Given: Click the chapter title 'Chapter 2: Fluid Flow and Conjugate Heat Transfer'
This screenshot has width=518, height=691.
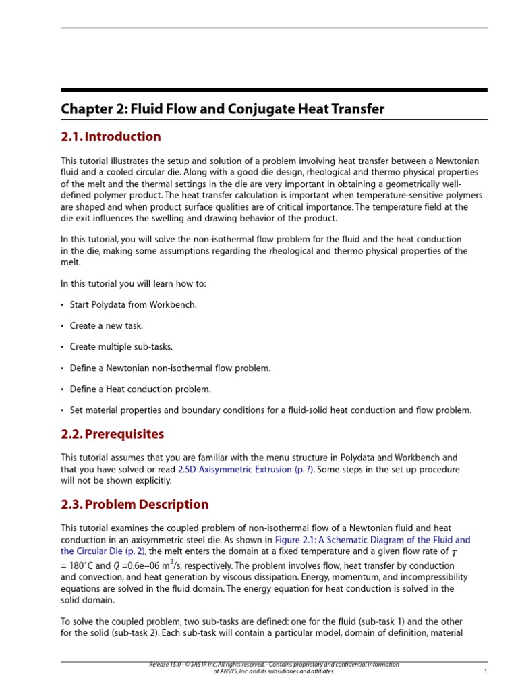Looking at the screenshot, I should click(223, 109).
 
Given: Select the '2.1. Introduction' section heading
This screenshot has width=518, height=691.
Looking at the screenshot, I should click(111, 137).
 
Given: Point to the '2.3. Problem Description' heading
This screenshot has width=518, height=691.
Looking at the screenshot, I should click(134, 505).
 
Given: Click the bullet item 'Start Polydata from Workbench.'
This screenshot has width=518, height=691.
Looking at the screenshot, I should click(134, 305).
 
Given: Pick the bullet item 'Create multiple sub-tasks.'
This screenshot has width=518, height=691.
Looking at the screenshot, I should click(121, 347).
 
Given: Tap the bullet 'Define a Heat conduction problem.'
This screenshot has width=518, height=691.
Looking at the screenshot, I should click(140, 389).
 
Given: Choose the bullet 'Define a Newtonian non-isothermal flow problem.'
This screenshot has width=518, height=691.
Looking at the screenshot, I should click(170, 368).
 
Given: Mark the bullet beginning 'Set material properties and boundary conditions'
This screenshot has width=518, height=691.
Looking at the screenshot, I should click(270, 410).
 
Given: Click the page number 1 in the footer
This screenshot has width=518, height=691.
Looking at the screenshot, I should click(485, 672).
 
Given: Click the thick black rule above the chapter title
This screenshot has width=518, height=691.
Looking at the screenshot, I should click(274, 90).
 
